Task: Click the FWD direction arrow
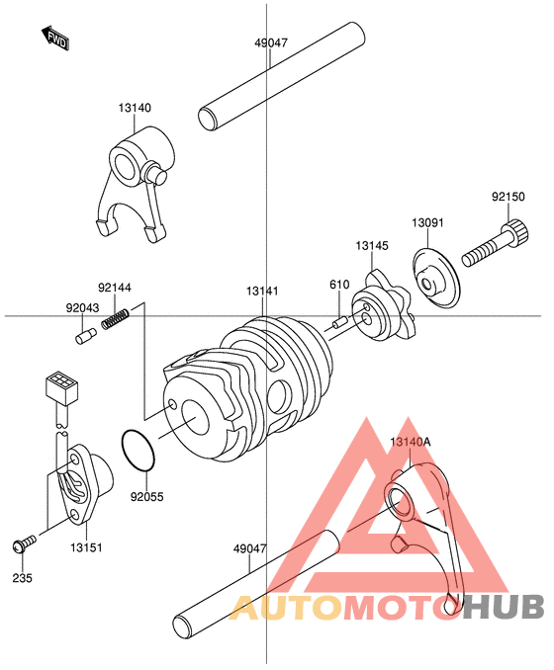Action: click(55, 39)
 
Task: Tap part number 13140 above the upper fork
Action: click(135, 108)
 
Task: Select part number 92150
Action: click(508, 197)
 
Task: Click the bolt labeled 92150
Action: click(496, 243)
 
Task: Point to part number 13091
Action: click(427, 222)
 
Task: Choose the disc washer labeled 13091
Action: click(437, 278)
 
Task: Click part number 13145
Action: click(372, 246)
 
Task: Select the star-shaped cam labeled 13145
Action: click(383, 305)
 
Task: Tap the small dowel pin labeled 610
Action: click(340, 321)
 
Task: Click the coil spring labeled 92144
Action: click(116, 318)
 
